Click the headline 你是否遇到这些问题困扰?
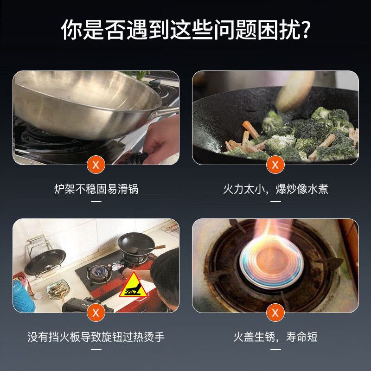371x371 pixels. coord(185,29)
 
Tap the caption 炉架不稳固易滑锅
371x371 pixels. coord(96,189)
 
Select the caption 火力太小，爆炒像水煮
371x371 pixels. coord(275,189)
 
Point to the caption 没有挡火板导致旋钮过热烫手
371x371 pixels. coord(96,337)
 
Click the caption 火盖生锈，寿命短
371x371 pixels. coord(275,337)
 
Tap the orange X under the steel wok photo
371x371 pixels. coord(96,165)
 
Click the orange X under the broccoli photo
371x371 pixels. coord(275,165)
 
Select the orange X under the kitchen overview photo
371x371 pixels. coord(96,313)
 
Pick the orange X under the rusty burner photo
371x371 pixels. coord(275,313)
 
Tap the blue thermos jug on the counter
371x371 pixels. coord(23,297)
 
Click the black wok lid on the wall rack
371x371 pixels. coord(45,262)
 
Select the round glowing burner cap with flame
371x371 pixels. coord(271,263)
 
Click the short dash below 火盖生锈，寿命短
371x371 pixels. coord(275,350)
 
